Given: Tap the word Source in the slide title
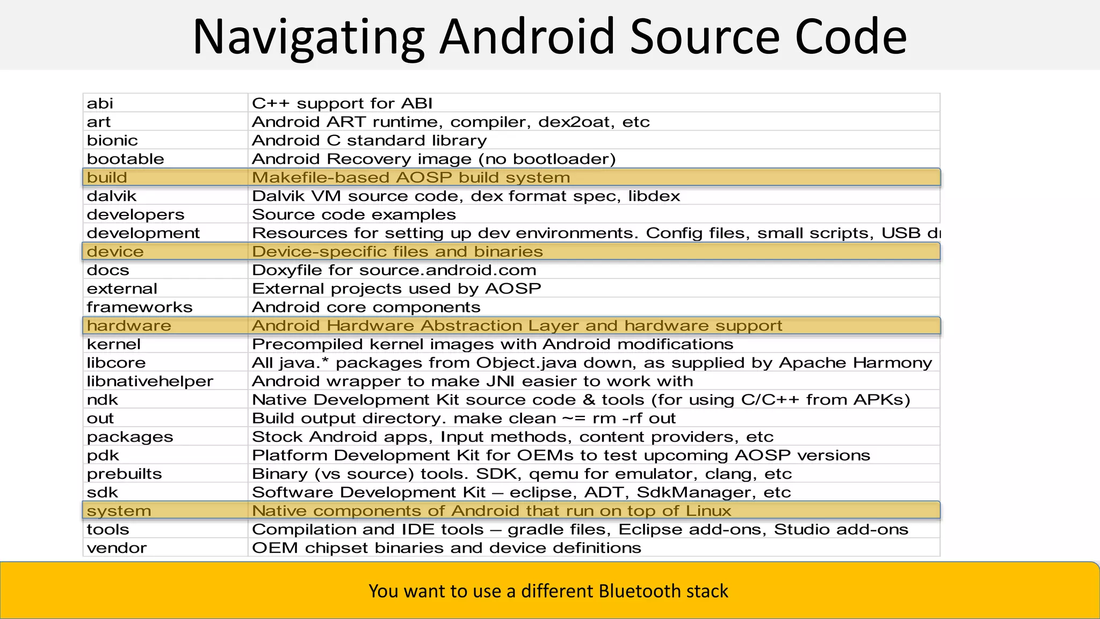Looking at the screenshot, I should [x=703, y=37].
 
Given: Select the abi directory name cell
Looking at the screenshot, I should [x=100, y=103].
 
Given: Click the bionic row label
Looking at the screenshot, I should [x=112, y=140].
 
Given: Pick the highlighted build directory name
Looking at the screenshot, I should [x=107, y=177].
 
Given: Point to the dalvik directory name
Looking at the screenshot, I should [x=112, y=196].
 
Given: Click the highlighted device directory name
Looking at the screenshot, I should [x=115, y=251].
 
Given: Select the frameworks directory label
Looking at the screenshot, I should [x=140, y=307].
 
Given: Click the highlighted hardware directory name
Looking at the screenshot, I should [x=129, y=326].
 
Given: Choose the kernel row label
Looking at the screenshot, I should [x=114, y=344].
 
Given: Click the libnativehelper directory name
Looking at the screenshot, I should [x=150, y=382].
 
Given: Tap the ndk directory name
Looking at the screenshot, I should [x=102, y=400].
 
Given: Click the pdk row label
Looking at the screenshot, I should [x=103, y=456].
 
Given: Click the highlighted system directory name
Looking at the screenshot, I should [x=119, y=511].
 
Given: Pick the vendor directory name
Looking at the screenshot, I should [x=117, y=548].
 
